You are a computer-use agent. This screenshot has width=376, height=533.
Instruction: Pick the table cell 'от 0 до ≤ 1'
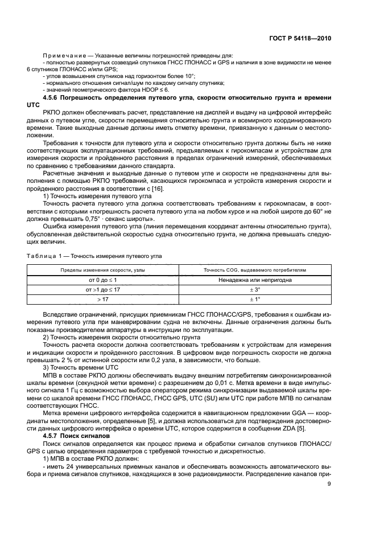(x=103, y=280)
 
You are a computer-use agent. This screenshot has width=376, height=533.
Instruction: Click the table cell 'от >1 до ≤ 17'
(x=103, y=289)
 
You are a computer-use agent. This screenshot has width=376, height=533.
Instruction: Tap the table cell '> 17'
(x=103, y=298)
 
